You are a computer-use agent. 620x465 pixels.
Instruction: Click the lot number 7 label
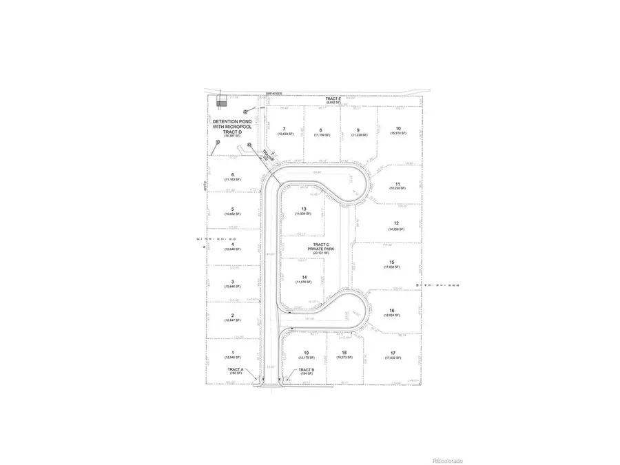click(284, 129)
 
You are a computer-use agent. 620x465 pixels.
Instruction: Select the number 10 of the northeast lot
click(398, 128)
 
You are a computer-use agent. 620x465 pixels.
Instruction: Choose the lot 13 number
click(303, 209)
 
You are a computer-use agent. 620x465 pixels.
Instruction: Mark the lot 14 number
click(303, 277)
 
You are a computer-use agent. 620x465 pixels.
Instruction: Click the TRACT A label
click(235, 369)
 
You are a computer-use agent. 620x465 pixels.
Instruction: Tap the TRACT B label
click(307, 369)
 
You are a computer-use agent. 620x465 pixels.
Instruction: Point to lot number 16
click(391, 310)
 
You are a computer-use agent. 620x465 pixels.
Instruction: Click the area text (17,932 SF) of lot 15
click(391, 268)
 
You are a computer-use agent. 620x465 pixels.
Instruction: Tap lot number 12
click(396, 223)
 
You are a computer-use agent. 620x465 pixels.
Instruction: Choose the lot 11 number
click(397, 184)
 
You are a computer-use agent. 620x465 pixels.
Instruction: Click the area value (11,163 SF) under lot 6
click(233, 179)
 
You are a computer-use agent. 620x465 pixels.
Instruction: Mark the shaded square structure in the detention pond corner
click(221, 101)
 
